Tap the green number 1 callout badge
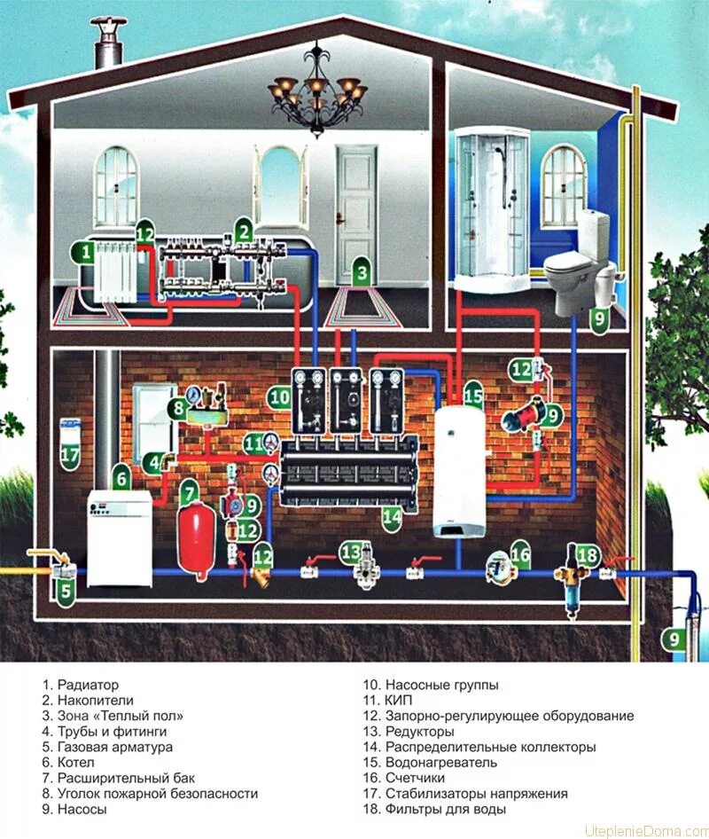[86, 253]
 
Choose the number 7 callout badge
[188, 490]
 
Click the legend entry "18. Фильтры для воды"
[434, 810]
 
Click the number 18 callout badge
[588, 555]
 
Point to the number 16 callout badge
[520, 556]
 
